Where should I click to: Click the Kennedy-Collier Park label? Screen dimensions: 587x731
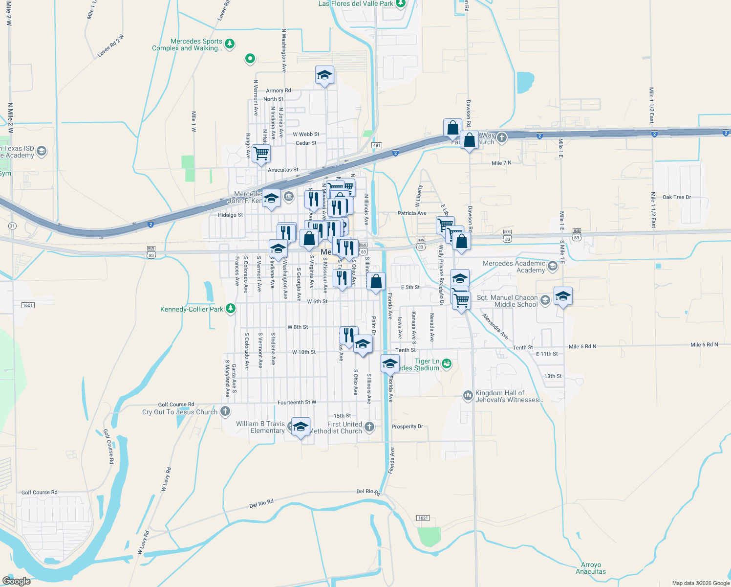192,309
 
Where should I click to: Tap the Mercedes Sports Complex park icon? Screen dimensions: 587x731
230,44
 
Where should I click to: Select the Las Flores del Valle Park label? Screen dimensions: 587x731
356,3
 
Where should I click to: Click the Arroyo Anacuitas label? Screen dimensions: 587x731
591,568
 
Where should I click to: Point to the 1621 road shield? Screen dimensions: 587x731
423,518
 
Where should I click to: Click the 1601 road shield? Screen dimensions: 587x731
28,305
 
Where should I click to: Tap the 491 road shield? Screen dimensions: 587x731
376,145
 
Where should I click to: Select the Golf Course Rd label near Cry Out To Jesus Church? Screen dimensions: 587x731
176,405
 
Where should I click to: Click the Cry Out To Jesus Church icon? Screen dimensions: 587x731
225,411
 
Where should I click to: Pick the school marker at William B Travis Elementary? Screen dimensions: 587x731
301,426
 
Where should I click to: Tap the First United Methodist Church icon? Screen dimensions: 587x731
369,427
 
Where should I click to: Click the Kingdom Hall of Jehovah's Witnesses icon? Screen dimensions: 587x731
468,395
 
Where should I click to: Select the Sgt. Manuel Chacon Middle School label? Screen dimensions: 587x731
507,301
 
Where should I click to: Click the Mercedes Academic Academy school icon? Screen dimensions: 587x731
553,266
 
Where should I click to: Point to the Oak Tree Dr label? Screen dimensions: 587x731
677,197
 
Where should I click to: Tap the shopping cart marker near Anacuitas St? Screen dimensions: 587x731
261,153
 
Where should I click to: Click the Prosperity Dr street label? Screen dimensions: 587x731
407,427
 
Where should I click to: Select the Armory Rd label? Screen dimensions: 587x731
278,90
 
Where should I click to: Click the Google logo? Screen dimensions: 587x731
17,581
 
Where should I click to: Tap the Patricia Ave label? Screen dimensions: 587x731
412,213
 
